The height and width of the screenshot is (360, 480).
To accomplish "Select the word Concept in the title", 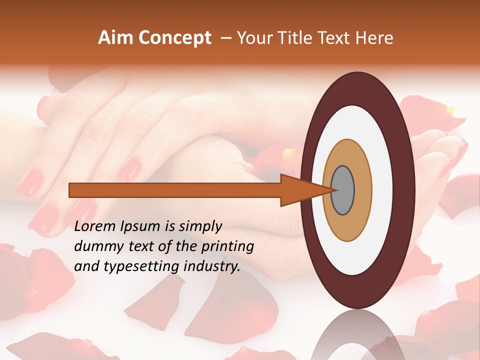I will [x=174, y=38].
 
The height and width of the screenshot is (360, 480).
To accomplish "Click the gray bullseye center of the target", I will [x=343, y=190].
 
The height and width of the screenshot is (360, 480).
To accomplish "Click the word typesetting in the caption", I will [x=137, y=267].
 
